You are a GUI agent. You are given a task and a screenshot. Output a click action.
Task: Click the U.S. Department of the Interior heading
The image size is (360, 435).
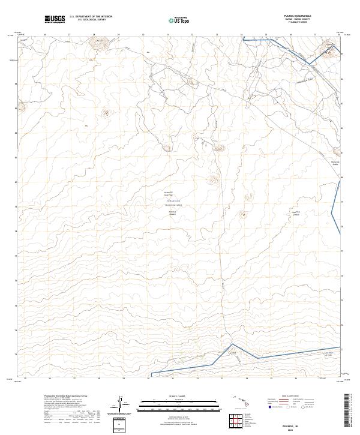tap(91, 17)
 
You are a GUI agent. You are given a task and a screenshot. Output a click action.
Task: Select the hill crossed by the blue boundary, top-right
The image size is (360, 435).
tap(330, 45)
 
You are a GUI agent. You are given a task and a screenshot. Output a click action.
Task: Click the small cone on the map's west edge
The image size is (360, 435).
tap(22, 107)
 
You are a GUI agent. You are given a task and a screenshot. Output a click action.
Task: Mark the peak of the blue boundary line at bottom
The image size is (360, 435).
tap(233, 344)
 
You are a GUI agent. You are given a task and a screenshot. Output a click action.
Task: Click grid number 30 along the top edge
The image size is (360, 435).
tap(143, 35)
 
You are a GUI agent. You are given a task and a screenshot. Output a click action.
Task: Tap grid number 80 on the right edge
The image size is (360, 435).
tap(342, 178)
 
